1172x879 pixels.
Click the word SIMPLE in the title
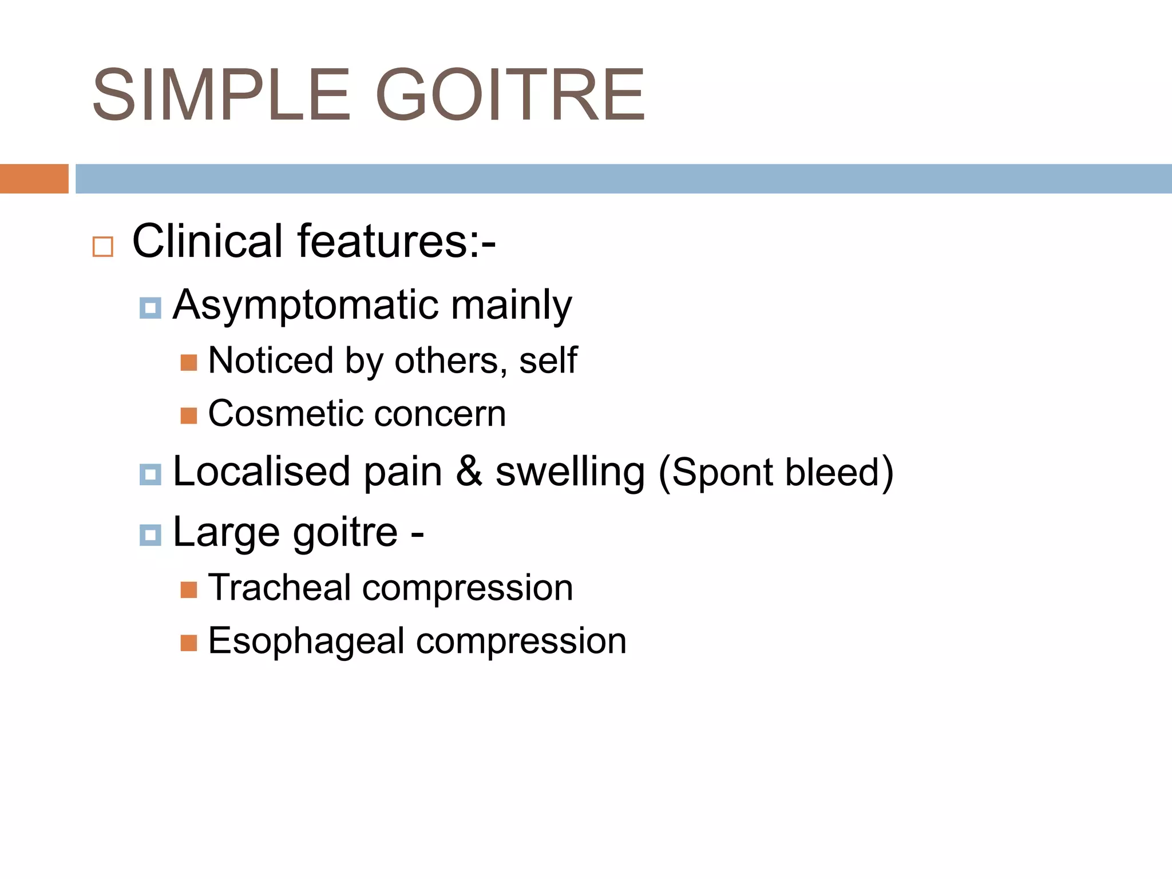[221, 95]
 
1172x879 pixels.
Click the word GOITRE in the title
[510, 95]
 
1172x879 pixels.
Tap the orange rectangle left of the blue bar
[34, 179]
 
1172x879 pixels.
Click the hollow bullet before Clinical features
[103, 247]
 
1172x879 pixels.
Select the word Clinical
[207, 241]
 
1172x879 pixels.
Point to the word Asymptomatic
[306, 305]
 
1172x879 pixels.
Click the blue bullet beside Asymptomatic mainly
[150, 308]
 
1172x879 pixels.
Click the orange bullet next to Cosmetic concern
[189, 415]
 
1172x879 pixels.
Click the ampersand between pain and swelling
[469, 472]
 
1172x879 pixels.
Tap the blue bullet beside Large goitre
[150, 535]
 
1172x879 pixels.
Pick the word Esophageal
[306, 641]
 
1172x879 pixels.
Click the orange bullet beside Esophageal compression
[189, 643]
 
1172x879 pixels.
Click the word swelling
[570, 473]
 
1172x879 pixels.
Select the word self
[548, 361]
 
